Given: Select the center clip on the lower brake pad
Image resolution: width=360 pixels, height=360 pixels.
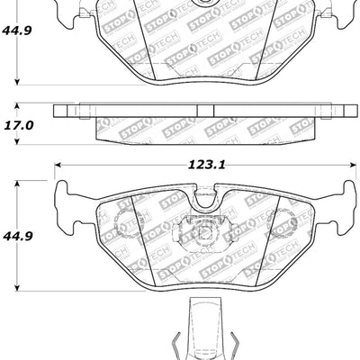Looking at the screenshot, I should pyautogui.click(x=203, y=232).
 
